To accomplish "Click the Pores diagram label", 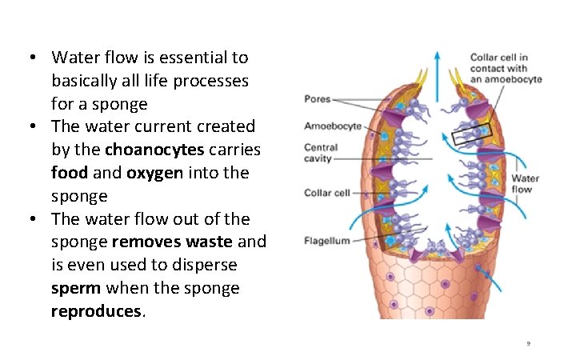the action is coord(318,99).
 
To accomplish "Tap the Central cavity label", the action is coord(321,153).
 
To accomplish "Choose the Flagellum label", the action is coord(326,241).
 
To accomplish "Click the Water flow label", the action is coord(526,184).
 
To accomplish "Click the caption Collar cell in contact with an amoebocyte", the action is coord(506,68).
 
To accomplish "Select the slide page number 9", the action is coord(528,343).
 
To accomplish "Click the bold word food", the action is coord(70,173).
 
